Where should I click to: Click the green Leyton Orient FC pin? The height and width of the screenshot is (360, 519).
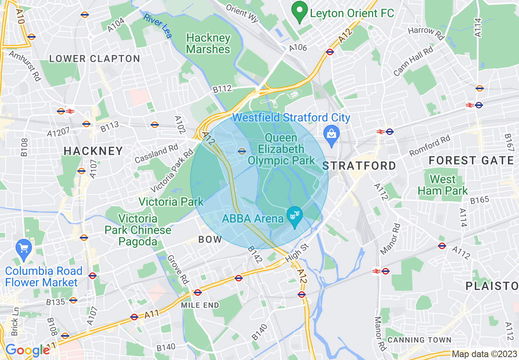(x=300, y=12)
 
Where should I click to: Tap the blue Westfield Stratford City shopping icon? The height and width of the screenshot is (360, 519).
(x=332, y=135)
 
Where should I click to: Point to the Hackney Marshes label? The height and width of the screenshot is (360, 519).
(x=208, y=44)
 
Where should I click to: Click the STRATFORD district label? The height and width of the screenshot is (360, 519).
(x=359, y=166)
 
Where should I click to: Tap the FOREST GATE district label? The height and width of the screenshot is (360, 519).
(x=471, y=161)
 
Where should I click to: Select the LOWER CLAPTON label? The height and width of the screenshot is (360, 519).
(x=95, y=59)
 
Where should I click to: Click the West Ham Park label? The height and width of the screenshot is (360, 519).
(x=442, y=185)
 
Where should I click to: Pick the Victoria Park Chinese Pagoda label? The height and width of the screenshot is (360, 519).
(x=138, y=230)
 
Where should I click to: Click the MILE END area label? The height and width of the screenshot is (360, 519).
(x=200, y=305)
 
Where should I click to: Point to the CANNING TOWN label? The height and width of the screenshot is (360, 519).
(x=419, y=340)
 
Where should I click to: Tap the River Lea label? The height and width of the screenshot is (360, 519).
(x=158, y=26)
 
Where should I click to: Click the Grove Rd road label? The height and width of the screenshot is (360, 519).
(x=179, y=270)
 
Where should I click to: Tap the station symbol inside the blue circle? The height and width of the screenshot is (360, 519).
(x=242, y=151)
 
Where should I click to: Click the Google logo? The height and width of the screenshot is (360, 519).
(x=27, y=350)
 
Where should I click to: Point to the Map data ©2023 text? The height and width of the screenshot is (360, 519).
(x=484, y=354)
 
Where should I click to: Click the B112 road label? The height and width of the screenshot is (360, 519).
(x=222, y=88)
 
